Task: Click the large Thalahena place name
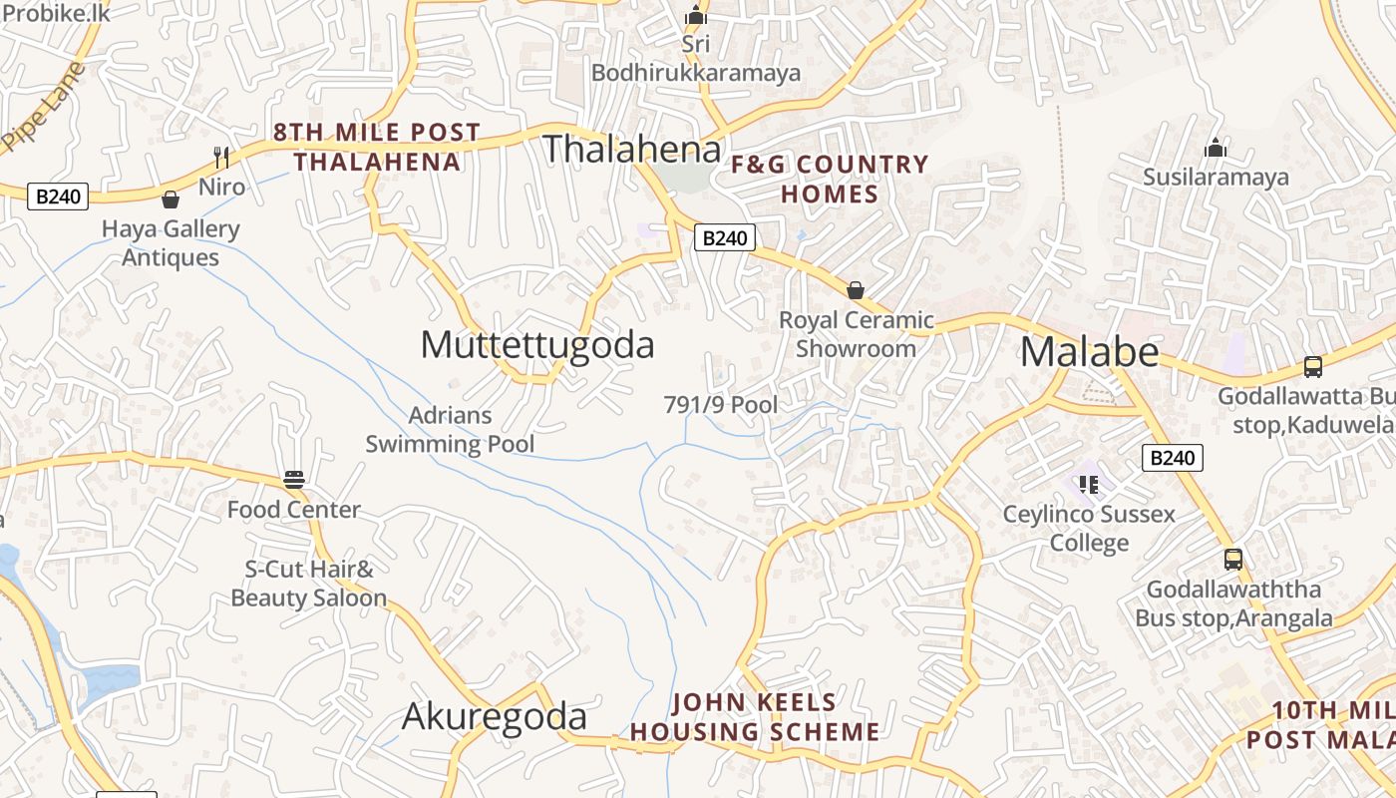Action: (x=631, y=149)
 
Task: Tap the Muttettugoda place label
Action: (x=537, y=344)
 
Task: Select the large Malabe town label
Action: (x=1089, y=352)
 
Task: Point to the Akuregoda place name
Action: (x=495, y=717)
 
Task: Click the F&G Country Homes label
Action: (x=830, y=179)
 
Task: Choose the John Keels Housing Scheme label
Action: (x=755, y=717)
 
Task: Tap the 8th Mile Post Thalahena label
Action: (x=377, y=147)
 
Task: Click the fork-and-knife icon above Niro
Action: (x=221, y=157)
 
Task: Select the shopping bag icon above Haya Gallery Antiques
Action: (x=171, y=199)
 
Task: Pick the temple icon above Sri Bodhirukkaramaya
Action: (x=696, y=15)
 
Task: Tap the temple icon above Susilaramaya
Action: (x=1216, y=149)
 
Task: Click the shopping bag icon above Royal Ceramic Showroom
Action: (x=855, y=290)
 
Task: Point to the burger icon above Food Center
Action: (x=293, y=480)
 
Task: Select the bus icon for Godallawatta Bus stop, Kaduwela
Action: (x=1313, y=367)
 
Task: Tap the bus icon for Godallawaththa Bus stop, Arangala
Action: (x=1233, y=560)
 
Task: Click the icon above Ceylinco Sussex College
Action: (x=1088, y=485)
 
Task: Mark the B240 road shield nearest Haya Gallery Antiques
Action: (x=58, y=197)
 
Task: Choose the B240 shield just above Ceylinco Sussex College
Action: (x=1172, y=458)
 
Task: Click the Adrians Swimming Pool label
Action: (x=450, y=430)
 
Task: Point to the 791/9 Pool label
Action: (x=721, y=405)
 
